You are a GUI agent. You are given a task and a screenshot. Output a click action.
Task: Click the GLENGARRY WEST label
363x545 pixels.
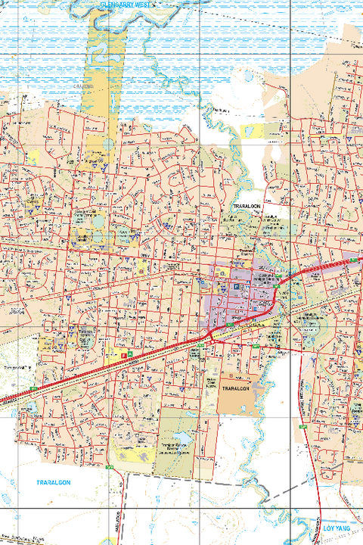(126, 5)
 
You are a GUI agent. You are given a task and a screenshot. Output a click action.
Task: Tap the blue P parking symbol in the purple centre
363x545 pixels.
(237, 288)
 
